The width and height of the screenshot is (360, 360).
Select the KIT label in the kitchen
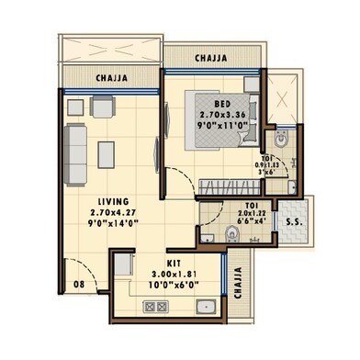(163, 262)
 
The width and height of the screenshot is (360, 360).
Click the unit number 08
(81, 286)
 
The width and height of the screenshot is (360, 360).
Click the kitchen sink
(208, 308)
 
